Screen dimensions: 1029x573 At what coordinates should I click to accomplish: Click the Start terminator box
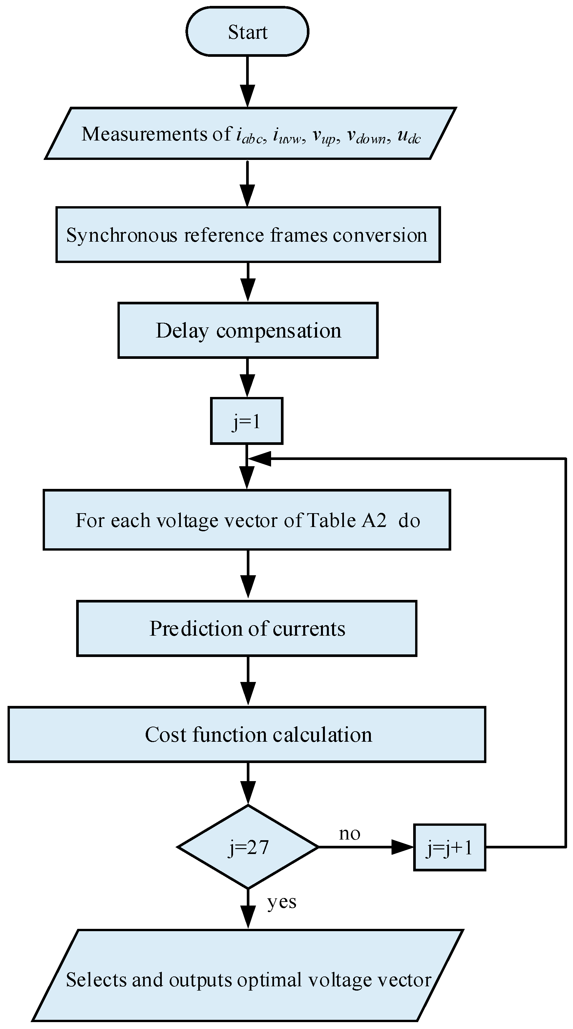tap(247, 32)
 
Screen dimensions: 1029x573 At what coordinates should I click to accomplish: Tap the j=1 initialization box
tap(247, 421)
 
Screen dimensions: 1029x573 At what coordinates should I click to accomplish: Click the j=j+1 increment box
tap(449, 847)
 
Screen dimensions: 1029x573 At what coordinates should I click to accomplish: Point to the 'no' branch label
tap(350, 833)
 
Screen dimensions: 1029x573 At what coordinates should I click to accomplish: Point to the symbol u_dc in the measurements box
tap(409, 136)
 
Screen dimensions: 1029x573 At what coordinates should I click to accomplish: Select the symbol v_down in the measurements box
tap(367, 136)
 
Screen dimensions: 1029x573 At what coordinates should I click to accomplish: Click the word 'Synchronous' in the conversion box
tap(121, 235)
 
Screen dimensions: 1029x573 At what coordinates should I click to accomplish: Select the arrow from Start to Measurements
tap(247, 82)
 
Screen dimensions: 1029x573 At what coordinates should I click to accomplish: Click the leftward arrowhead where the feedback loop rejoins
tap(260, 459)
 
